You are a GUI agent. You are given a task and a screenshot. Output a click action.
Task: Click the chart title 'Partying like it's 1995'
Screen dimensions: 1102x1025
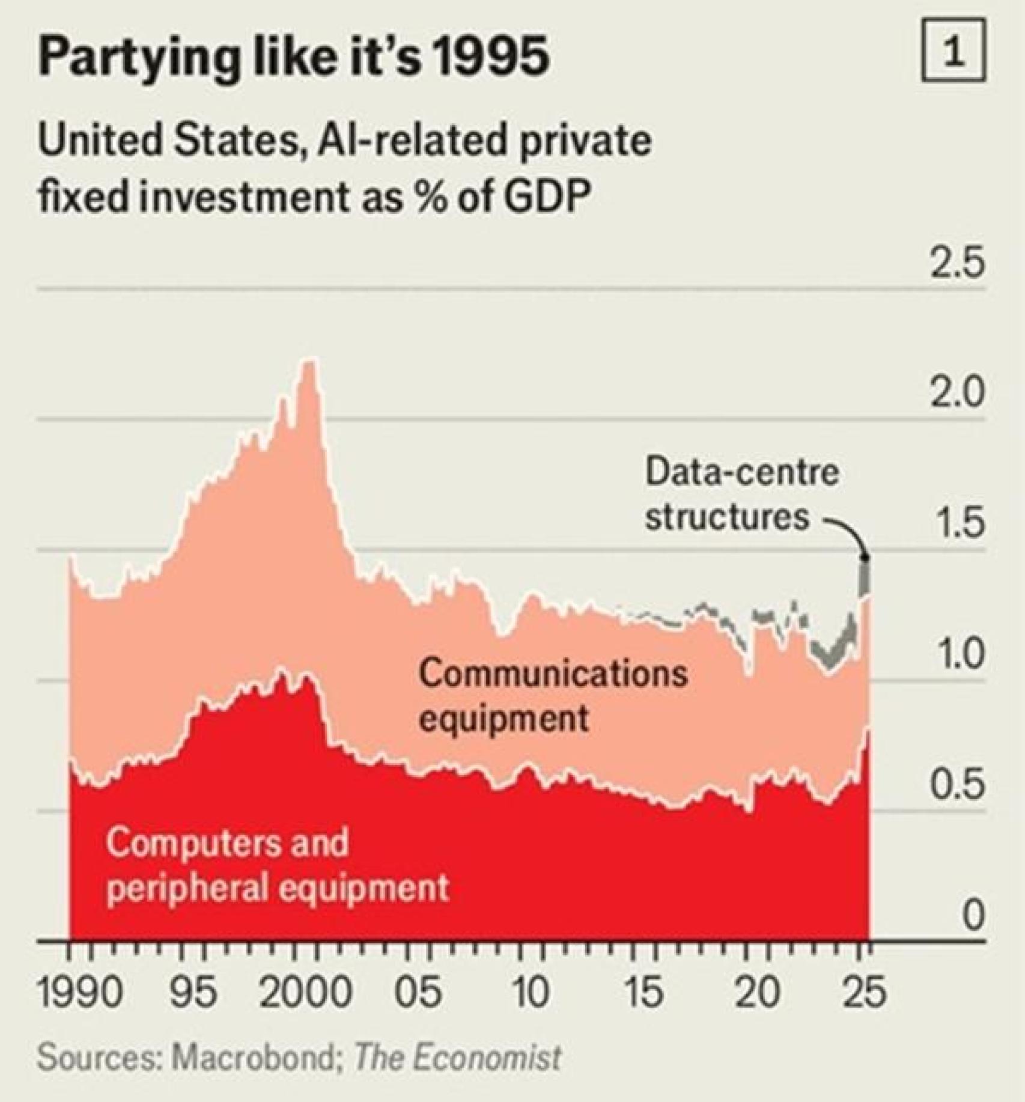point(293,59)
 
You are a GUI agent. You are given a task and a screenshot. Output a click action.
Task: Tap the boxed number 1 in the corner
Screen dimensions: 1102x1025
point(954,50)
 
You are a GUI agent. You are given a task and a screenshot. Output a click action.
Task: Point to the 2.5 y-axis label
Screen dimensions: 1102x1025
point(958,264)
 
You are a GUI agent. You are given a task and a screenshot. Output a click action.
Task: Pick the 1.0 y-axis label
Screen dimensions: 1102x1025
point(958,654)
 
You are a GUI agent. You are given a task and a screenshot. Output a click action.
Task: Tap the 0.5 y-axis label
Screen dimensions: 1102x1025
point(958,784)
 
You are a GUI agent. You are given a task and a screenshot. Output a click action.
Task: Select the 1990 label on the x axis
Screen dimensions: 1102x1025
point(80,992)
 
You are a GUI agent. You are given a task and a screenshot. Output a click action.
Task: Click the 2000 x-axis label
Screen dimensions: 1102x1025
point(305,992)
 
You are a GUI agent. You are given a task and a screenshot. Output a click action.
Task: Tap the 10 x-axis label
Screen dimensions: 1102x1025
point(530,992)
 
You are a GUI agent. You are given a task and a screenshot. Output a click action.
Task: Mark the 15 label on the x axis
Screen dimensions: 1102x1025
point(643,992)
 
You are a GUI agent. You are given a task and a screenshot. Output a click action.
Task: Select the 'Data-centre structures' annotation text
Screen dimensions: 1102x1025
point(741,494)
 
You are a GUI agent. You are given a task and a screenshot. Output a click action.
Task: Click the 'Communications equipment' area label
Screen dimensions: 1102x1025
point(553,695)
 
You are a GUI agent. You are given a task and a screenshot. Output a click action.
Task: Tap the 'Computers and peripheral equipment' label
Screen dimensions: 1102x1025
point(278,865)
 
